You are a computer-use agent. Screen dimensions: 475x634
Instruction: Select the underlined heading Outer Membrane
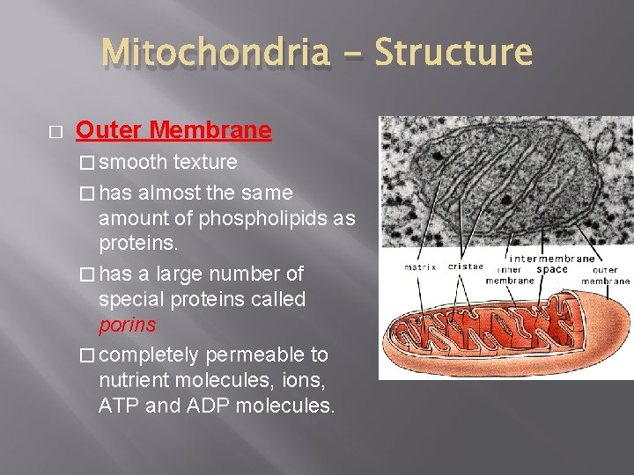(x=173, y=131)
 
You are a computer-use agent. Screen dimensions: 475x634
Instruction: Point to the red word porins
(x=128, y=325)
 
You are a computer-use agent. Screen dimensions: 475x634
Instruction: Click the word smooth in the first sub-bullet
(x=134, y=162)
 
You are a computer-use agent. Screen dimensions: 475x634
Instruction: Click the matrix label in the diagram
(x=420, y=267)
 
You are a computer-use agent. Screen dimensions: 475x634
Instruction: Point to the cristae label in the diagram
(x=465, y=267)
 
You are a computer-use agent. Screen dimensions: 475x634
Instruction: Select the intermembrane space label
(x=553, y=263)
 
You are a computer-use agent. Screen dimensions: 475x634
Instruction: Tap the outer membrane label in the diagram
(x=605, y=275)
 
